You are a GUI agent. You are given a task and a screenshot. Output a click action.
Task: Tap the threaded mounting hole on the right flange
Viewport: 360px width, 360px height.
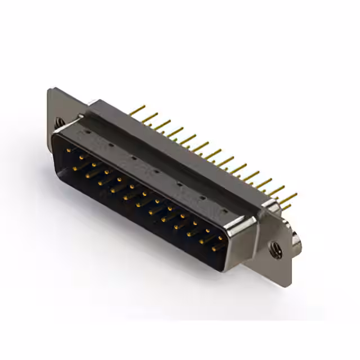pyautogui.click(x=275, y=248)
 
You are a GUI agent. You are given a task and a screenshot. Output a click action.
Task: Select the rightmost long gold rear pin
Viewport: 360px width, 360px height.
pyautogui.click(x=289, y=197)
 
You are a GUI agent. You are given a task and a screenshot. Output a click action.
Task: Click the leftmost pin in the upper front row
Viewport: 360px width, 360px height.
pyautogui.click(x=69, y=150)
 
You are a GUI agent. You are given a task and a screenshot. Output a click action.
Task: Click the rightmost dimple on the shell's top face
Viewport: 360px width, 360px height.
pyautogui.click(x=224, y=213)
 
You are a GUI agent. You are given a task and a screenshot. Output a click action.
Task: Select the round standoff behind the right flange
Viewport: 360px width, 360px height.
pyautogui.click(x=296, y=238)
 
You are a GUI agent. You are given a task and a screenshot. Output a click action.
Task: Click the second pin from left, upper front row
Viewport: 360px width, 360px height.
pyautogui.click(x=82, y=157)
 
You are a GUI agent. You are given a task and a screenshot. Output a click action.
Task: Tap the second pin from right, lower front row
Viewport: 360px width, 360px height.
pyautogui.click(x=202, y=240)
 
